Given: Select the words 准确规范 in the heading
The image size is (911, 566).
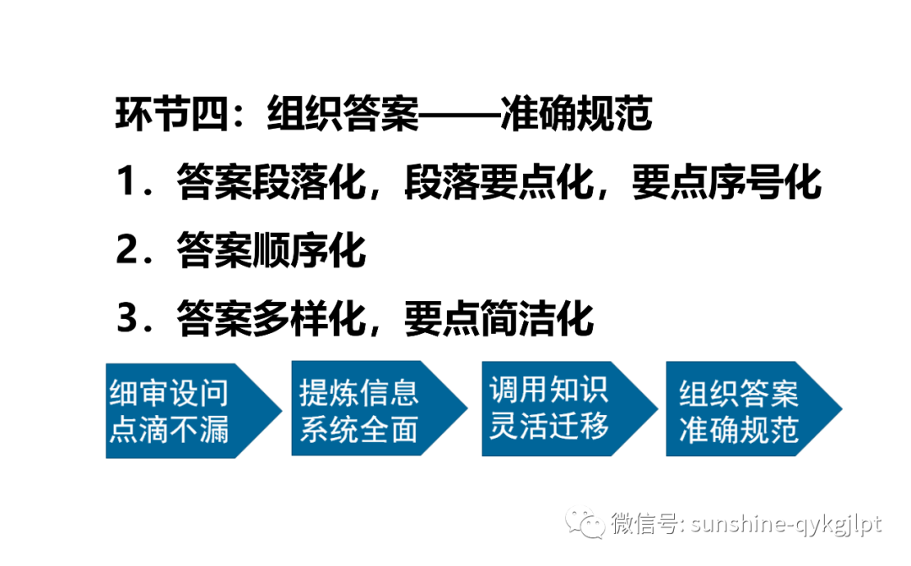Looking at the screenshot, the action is coord(575,115).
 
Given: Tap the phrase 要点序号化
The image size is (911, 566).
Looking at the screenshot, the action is coord(727,182).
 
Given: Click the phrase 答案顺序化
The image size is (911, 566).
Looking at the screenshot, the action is coord(271,251).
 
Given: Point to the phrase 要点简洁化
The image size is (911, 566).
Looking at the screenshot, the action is coord(499,319).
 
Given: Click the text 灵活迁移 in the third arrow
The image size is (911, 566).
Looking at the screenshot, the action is coord(548,426).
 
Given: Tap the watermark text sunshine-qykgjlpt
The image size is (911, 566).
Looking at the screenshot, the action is coord(785,524).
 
